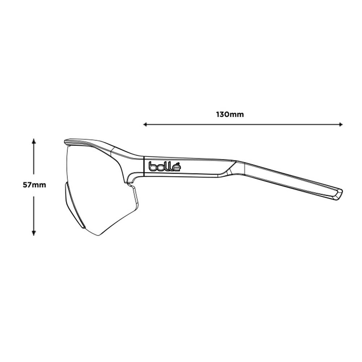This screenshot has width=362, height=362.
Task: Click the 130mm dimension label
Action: coord(230,114)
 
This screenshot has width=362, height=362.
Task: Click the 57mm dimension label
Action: coord(34,185)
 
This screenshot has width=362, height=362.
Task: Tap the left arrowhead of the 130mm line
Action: coord(145,125)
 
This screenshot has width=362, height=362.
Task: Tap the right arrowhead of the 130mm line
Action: coord(341,125)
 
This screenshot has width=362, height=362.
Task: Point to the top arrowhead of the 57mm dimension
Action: coord(34,141)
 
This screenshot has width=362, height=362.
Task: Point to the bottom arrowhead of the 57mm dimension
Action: coord(34,233)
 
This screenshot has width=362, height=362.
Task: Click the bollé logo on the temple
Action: coord(164,166)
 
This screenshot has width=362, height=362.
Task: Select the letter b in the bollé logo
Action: coord(152,167)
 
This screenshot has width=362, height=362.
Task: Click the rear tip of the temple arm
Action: coord(341,191)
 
